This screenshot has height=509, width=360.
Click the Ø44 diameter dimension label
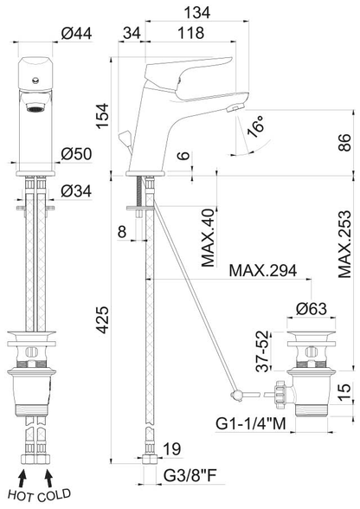click(x=77, y=33)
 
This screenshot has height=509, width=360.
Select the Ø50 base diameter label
click(x=77, y=154)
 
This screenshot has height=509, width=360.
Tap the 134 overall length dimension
click(x=197, y=13)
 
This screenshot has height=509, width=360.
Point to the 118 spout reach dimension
click(x=191, y=33)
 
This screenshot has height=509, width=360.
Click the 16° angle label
click(x=255, y=129)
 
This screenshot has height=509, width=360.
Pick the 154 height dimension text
click(x=103, y=116)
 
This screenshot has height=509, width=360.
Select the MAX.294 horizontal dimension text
click(x=262, y=270)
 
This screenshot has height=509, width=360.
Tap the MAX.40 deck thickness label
click(x=208, y=237)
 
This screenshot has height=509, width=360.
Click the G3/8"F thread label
click(x=190, y=476)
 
